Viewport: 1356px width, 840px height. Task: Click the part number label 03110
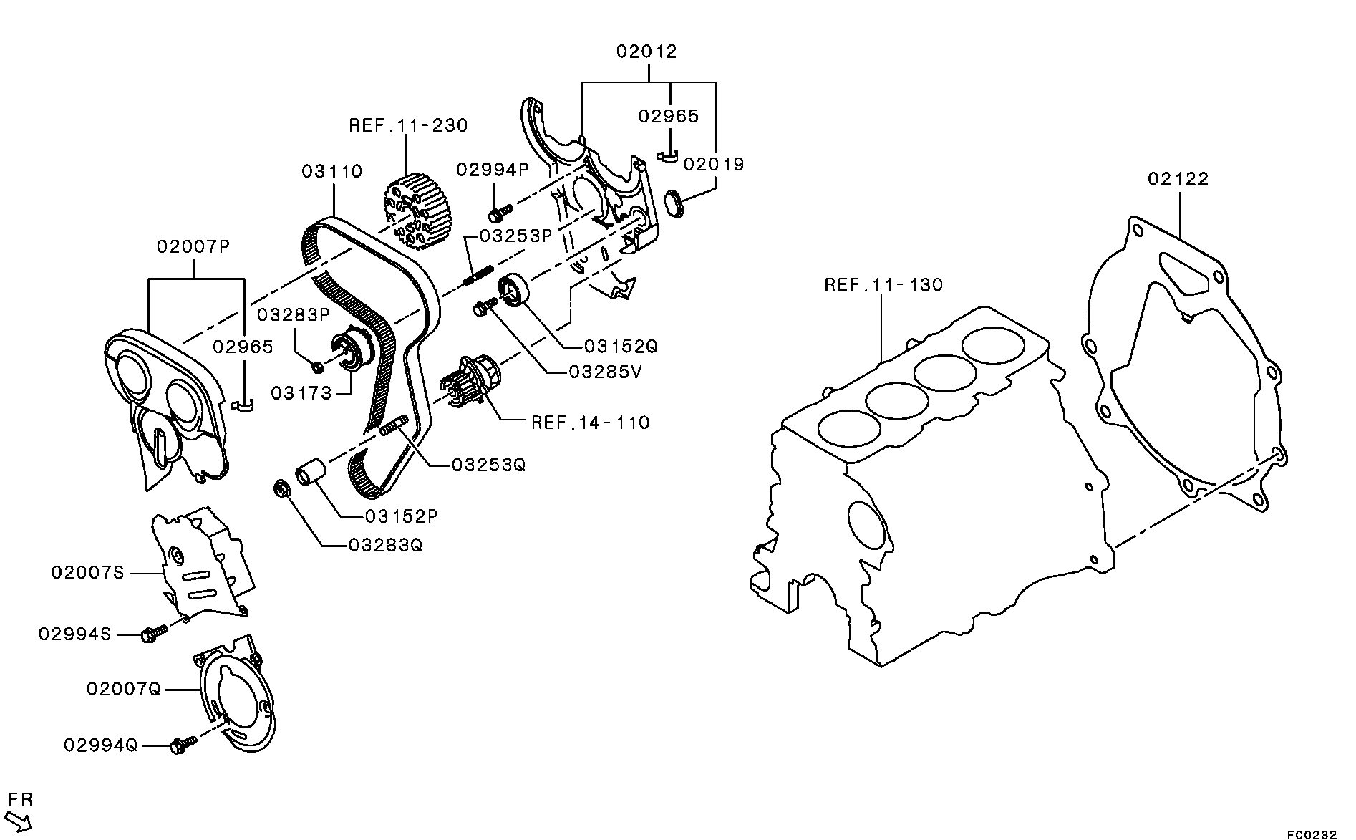(331, 172)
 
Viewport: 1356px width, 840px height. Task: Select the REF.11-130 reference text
(883, 285)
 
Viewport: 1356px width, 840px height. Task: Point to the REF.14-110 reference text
(590, 423)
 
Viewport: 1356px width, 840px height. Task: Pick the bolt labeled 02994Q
(183, 745)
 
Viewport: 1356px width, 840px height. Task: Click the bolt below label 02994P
(500, 212)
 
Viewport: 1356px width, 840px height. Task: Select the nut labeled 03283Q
(281, 489)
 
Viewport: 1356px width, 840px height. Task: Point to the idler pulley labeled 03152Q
(515, 289)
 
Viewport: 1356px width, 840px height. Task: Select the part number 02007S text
(87, 573)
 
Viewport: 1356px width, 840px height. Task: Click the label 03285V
(605, 372)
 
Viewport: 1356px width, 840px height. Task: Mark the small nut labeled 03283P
(319, 367)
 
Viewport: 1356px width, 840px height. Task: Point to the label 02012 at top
(646, 52)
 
